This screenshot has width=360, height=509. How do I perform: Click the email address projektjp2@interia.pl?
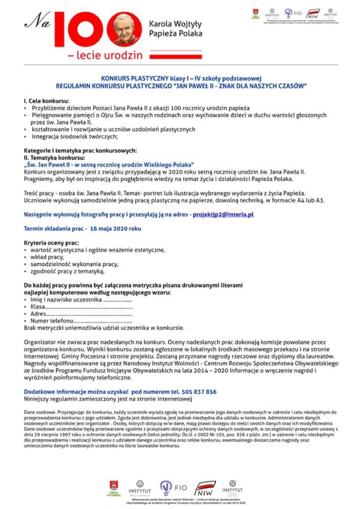(x=223, y=215)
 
